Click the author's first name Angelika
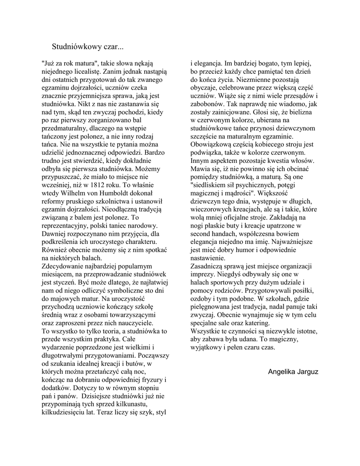pos(282,371)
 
